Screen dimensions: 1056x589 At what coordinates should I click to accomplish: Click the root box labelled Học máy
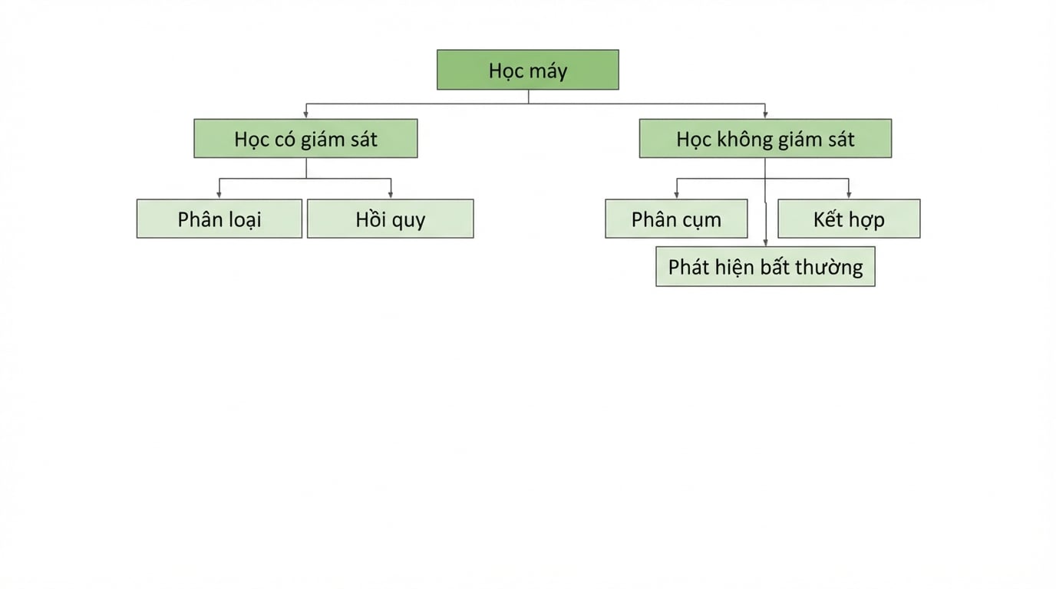[x=527, y=70]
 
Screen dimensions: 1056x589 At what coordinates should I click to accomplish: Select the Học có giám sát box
[x=305, y=139]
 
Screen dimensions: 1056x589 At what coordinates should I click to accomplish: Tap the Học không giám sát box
[x=765, y=139]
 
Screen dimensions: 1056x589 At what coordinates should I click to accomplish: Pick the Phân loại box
[x=219, y=219]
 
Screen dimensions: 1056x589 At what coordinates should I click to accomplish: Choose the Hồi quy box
[x=391, y=219]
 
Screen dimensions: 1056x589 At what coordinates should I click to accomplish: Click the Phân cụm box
[x=676, y=219]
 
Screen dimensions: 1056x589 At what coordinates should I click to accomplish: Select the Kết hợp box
[x=849, y=219]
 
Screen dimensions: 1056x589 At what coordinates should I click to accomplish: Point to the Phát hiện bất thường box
[x=765, y=266]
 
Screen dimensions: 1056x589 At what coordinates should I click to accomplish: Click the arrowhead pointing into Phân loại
[x=219, y=195]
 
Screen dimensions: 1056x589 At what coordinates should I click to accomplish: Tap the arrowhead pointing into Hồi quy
[x=391, y=195]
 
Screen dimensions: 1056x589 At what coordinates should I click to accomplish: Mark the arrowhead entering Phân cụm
[x=677, y=195]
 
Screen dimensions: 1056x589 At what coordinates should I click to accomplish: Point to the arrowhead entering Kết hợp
[x=849, y=195]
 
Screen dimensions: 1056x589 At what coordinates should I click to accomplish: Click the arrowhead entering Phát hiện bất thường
[x=765, y=242]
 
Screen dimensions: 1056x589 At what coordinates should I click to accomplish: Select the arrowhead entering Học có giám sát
[x=306, y=114]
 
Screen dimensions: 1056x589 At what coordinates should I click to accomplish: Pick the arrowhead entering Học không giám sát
[x=765, y=114]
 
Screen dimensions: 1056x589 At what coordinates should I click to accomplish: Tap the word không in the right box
[x=745, y=140]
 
